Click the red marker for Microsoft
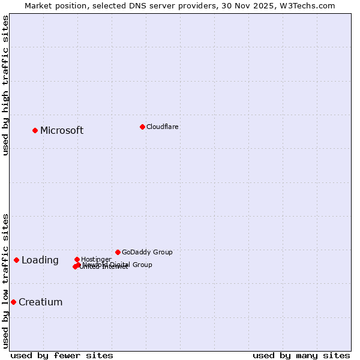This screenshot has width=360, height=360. (x=35, y=130)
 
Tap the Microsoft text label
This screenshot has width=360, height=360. (x=62, y=131)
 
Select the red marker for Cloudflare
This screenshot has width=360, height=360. (x=142, y=127)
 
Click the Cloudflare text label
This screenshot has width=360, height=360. (x=162, y=127)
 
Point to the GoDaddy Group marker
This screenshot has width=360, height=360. (x=118, y=252)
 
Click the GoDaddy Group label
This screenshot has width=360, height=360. (x=147, y=253)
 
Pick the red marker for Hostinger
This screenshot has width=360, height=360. (x=77, y=259)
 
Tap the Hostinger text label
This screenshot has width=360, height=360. (x=96, y=260)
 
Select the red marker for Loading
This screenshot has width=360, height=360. (x=16, y=260)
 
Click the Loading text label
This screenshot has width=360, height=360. (x=40, y=260)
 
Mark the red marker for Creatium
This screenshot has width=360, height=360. (x=13, y=302)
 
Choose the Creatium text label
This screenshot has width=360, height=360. (x=40, y=302)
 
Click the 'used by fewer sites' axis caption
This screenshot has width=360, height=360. (x=62, y=355)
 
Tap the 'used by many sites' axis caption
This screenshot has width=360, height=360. (x=301, y=355)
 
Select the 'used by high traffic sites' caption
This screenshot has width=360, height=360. (x=6, y=85)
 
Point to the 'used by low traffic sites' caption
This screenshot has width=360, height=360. (x=6, y=281)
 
